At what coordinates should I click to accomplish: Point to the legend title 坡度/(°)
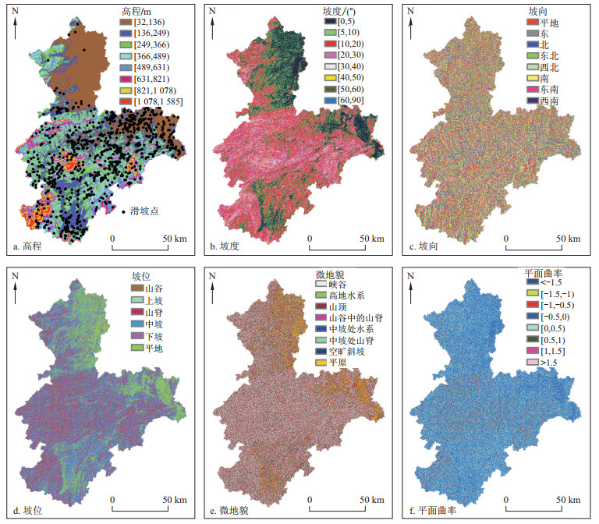tap(338, 12)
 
